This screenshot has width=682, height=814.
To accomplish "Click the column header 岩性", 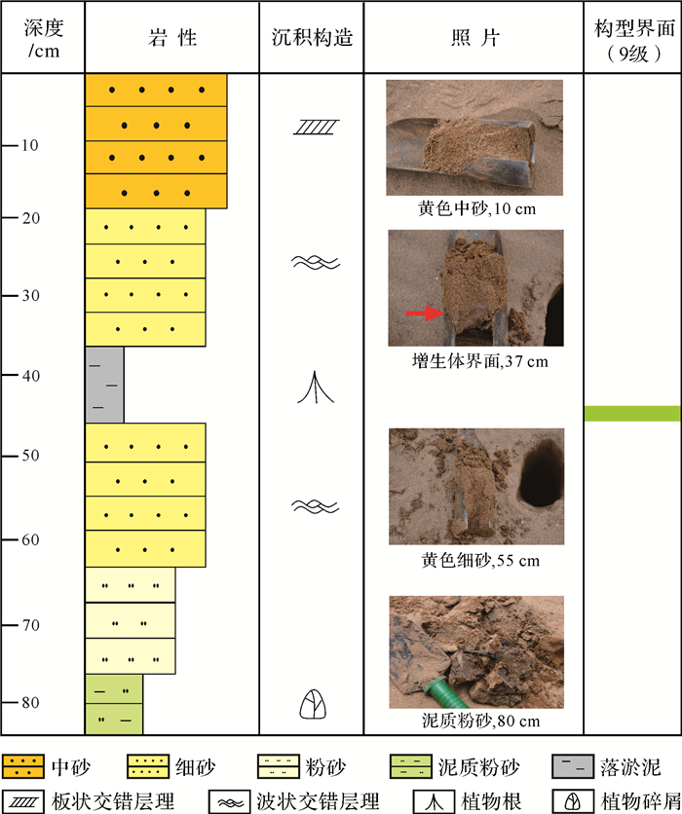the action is coord(171,37).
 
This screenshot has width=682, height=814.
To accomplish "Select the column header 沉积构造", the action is coord(312,37).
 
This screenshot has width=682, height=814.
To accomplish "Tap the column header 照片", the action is coord(474,37).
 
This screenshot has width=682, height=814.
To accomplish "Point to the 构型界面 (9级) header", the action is coord(633,37).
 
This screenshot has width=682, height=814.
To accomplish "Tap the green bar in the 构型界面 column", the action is coord(631,414).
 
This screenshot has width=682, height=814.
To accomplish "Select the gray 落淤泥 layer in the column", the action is coord(104,385).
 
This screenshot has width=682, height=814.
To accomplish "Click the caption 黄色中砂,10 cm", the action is coord(475,208).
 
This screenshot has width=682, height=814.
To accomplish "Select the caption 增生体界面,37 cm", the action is coord(475,360).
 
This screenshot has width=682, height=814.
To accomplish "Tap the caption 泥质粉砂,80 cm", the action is coord(475,721).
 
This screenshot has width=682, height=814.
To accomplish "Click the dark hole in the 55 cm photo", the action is coord(539,473).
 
